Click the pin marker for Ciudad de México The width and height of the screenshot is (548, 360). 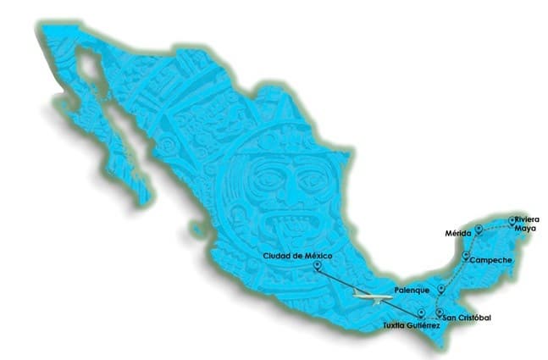pos(317,267)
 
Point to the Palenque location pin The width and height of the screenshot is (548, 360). pos(440,289)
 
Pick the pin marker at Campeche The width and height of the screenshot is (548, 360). pos(466,255)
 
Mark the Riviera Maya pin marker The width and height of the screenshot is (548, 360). pos(512,221)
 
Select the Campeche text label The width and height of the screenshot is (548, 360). pos(491,260)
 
